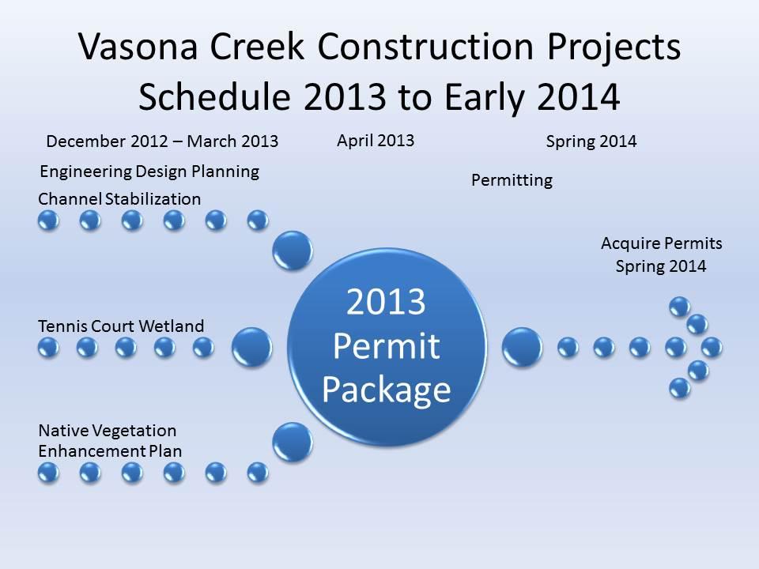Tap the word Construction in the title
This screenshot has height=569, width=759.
[x=425, y=47]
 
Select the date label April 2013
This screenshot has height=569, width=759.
[x=376, y=141]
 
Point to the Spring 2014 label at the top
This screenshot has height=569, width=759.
[x=591, y=141]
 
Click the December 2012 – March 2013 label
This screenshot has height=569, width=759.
[x=162, y=141]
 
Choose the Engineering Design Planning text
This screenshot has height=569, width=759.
[x=149, y=171]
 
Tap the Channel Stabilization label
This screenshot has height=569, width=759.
[x=119, y=199]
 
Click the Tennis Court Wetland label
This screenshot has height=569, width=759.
[x=121, y=326]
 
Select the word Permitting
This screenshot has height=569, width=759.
[x=512, y=180]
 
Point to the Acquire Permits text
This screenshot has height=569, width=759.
[x=662, y=243]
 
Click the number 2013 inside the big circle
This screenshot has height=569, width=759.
[x=386, y=302]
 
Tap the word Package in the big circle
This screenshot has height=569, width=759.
[x=387, y=390]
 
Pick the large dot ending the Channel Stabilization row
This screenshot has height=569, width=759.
[x=293, y=251]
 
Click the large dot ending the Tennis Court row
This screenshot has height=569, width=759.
[x=251, y=347]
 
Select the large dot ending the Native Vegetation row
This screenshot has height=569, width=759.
[x=293, y=443]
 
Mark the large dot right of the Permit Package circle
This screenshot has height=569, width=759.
[x=522, y=347]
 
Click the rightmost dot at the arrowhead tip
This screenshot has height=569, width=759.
[x=712, y=348]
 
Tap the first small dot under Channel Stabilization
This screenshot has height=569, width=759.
[x=48, y=221]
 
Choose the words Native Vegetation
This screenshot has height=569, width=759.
[x=108, y=431]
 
